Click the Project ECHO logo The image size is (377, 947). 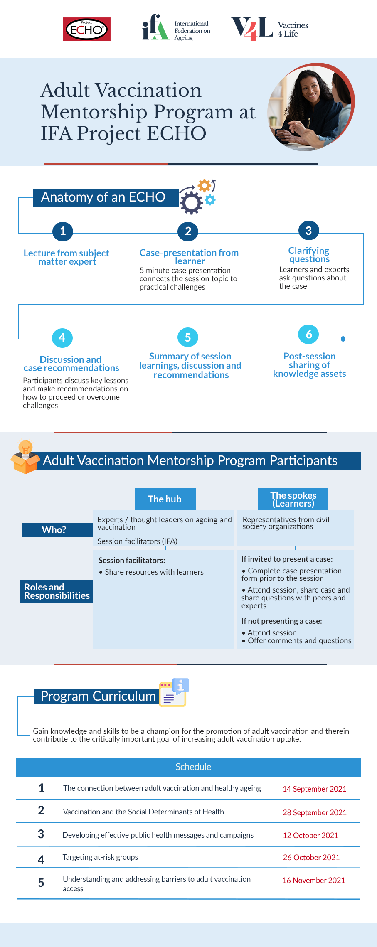pos(86,29)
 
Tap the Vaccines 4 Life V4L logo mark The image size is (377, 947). pos(252,29)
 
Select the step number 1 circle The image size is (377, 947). pos(63,231)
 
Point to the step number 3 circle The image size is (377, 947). pos(308,231)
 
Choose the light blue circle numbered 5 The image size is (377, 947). pos(187,337)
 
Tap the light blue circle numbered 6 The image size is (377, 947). pos(309,334)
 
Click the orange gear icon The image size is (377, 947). pos(204,185)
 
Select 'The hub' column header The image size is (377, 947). pos(165,499)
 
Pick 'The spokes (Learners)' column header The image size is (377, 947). pos(293,499)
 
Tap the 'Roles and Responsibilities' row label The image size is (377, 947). pos(56,591)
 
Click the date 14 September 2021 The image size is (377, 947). pos(314,789)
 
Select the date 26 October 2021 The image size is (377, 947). pos(311,857)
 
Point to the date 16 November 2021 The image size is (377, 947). pos(313,880)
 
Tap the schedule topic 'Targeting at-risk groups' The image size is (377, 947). pos(100,857)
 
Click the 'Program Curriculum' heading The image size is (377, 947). pos(98,696)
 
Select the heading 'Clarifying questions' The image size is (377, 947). pos(309,255)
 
